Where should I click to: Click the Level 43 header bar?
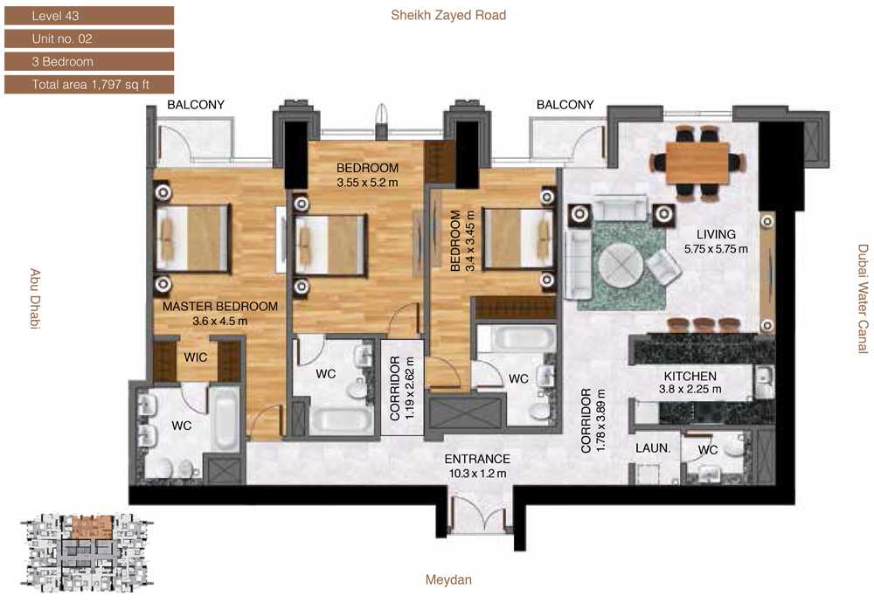pyautogui.click(x=89, y=16)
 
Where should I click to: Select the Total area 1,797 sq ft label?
pyautogui.click(x=89, y=84)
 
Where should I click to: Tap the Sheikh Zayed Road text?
pyautogui.click(x=448, y=15)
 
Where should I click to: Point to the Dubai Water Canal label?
pyautogui.click(x=863, y=299)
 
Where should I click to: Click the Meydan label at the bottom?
pyautogui.click(x=448, y=579)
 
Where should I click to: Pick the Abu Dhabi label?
pyautogui.click(x=35, y=299)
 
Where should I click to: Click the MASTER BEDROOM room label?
pyautogui.click(x=220, y=307)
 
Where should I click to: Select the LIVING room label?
pyautogui.click(x=716, y=234)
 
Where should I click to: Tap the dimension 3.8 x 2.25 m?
pyautogui.click(x=690, y=390)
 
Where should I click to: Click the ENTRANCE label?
pyautogui.click(x=477, y=459)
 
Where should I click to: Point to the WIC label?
pyautogui.click(x=196, y=357)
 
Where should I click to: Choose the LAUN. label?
pyautogui.click(x=653, y=448)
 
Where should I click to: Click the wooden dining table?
pyautogui.click(x=697, y=162)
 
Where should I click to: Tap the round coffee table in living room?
pyautogui.click(x=621, y=267)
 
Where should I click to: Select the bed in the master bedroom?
pyautogui.click(x=193, y=239)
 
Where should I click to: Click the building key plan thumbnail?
pyautogui.click(x=87, y=553)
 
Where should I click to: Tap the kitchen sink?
pyautogui.click(x=764, y=382)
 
